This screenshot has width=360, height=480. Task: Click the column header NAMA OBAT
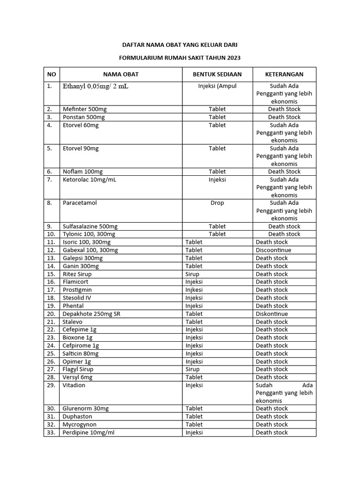(x=121, y=74)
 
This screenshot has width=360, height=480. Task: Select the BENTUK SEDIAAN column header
(x=217, y=74)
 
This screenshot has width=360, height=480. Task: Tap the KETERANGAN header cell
(x=284, y=74)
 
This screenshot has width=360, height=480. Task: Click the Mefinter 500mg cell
(x=85, y=109)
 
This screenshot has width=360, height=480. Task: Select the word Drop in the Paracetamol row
(x=217, y=203)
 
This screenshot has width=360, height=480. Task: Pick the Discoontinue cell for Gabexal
(x=273, y=250)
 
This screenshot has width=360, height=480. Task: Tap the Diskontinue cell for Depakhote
(x=272, y=314)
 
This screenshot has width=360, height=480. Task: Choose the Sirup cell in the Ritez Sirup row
(x=192, y=274)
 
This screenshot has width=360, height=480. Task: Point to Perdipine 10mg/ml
(x=89, y=432)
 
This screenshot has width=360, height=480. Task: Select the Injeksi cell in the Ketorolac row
(x=217, y=179)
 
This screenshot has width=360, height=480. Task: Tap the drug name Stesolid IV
(x=77, y=298)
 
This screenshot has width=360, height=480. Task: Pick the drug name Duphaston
(x=77, y=416)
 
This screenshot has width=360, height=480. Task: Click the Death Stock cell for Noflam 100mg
(x=284, y=172)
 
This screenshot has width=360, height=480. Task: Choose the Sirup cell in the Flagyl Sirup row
(x=192, y=369)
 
